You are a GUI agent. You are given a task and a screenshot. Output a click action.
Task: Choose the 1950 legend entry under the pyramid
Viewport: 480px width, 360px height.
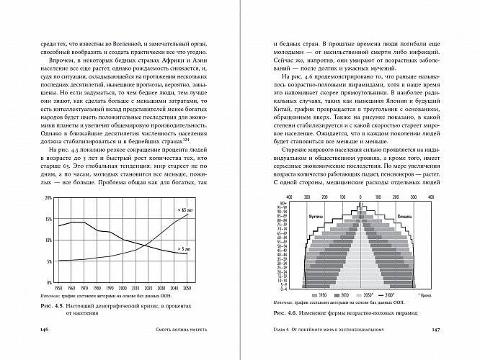click(321, 295)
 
